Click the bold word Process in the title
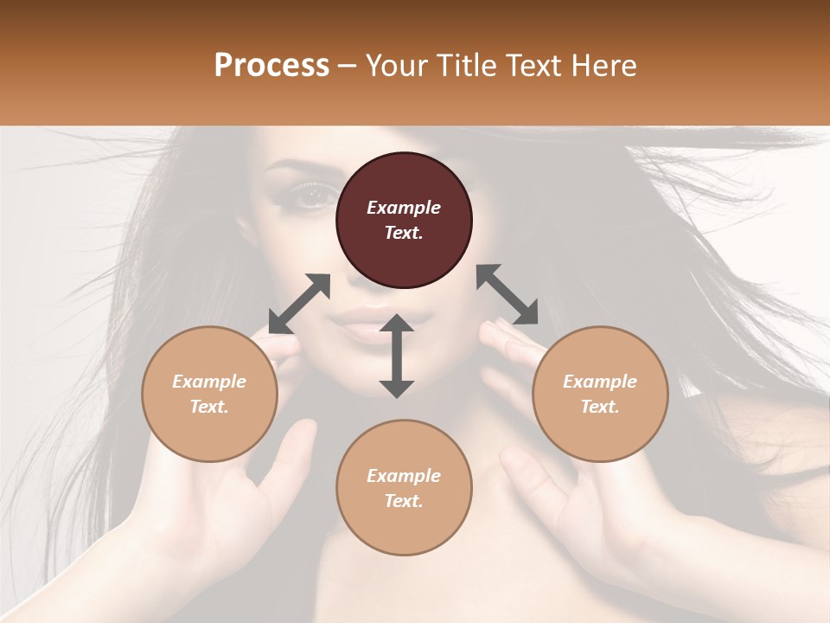coord(271,66)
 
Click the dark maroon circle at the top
coord(404,220)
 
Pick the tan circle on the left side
coord(209,394)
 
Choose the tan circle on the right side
coord(600,394)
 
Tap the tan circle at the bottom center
coord(404,488)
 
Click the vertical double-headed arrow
coord(397,356)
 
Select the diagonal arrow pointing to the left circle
coord(299,304)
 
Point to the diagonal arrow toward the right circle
coord(507,294)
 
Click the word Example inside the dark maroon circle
coord(404,208)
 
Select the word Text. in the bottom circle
coord(404,501)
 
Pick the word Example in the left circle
coord(209,382)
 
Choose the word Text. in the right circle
coord(600,407)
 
